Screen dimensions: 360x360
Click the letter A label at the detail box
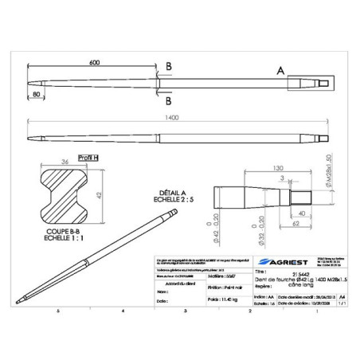click(x=280, y=71)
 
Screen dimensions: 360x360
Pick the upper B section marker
click(x=168, y=66)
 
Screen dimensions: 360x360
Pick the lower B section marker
click(x=168, y=102)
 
